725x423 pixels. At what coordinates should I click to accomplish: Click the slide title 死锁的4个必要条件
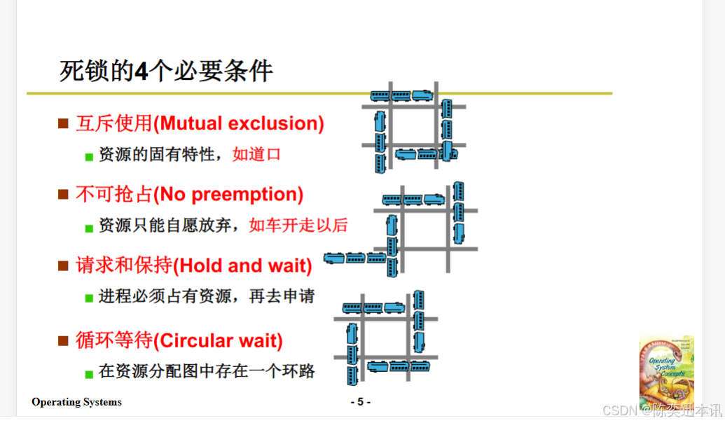tap(166, 71)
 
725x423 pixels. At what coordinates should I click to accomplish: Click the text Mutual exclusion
tap(239, 124)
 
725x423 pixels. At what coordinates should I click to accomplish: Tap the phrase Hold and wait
tap(242, 266)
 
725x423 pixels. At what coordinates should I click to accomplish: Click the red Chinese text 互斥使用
tap(114, 124)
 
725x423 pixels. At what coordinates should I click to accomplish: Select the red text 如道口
tap(256, 154)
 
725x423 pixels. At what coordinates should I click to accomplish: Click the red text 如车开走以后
tap(298, 225)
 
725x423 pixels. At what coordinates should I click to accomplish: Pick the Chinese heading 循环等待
tap(114, 341)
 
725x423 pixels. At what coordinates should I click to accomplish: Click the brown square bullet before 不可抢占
tap(63, 194)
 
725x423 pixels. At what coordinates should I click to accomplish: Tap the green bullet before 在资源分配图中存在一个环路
tap(89, 374)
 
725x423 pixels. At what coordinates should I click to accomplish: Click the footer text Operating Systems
tap(76, 402)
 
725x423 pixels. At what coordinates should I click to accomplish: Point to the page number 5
tap(361, 402)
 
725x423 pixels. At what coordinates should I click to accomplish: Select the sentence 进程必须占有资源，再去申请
tap(207, 296)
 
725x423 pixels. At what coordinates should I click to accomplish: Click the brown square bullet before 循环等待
tap(63, 341)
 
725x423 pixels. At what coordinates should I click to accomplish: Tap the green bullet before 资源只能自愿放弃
tap(89, 228)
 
